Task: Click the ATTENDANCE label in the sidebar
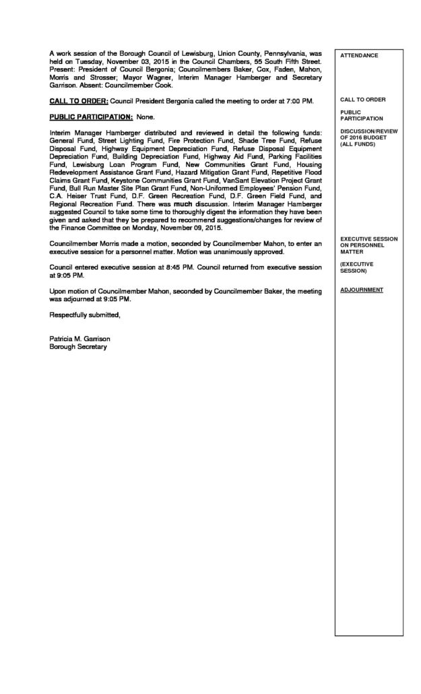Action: [x=359, y=55]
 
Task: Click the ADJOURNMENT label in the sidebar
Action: [x=362, y=290]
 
